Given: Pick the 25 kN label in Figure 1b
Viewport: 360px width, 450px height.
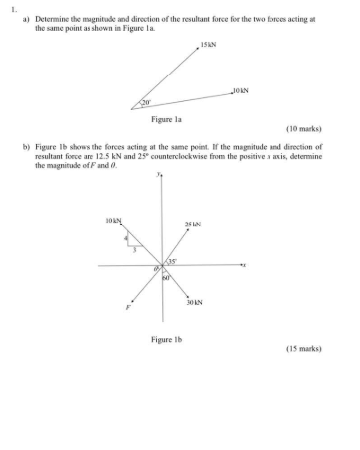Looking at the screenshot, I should coord(193,225).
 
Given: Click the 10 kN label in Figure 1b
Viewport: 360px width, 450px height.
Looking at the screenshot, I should coord(112,219).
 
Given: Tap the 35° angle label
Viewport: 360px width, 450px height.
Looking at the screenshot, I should coord(171,260).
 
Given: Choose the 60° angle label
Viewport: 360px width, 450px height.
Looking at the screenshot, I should coord(167,277).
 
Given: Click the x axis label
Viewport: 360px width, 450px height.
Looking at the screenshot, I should coord(244,266).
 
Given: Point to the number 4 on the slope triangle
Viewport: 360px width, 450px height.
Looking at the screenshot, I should coord(126,238).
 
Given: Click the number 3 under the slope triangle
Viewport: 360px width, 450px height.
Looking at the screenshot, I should coord(135,250).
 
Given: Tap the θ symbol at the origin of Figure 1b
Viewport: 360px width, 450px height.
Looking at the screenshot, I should coord(155,271).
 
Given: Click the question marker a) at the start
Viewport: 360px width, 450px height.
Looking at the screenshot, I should coord(25,18).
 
